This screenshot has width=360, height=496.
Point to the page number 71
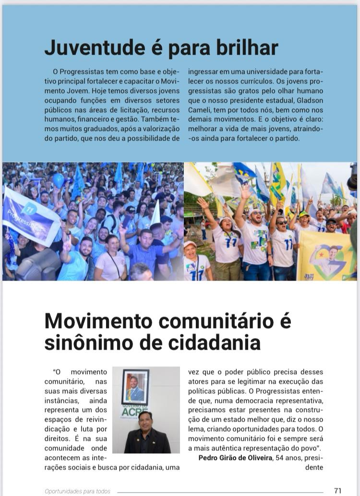337,490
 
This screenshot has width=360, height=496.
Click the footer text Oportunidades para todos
77,491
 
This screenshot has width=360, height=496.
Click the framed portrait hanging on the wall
135,387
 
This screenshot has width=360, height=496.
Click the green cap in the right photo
304,214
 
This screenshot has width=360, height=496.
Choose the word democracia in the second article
255,401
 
